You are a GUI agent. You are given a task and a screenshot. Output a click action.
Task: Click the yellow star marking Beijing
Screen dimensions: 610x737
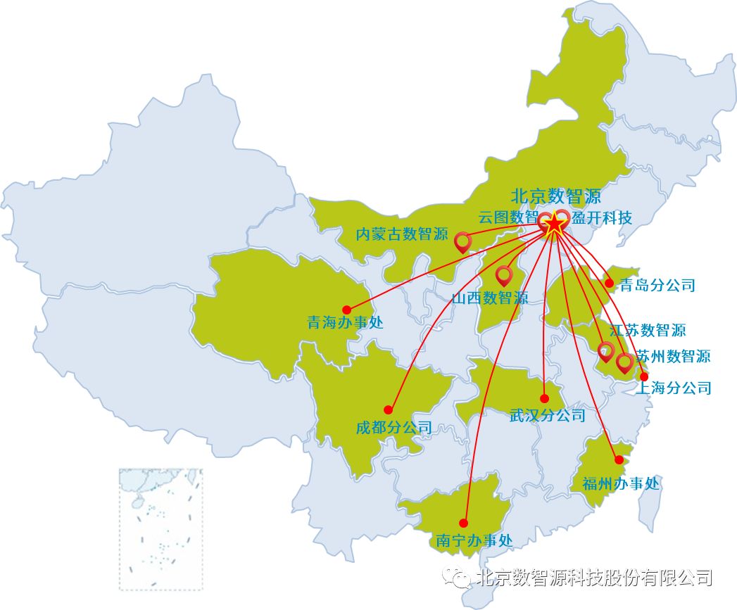click(x=555, y=224)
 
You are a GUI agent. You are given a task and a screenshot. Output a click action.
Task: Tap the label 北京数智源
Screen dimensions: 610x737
click(x=555, y=196)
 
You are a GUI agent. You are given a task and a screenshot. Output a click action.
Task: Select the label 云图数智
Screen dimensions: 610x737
click(x=508, y=217)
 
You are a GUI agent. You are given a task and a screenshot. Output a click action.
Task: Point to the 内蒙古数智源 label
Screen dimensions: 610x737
click(x=402, y=234)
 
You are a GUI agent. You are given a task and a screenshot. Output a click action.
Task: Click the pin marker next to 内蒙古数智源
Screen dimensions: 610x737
click(x=462, y=241)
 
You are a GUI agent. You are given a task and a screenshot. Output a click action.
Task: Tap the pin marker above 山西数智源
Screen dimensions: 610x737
click(x=503, y=275)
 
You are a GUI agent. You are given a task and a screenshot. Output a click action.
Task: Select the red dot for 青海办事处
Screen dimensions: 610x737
click(x=346, y=310)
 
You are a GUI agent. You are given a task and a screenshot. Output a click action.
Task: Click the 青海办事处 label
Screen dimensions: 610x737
click(x=345, y=323)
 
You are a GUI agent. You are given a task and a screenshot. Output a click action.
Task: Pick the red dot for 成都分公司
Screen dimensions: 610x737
click(x=388, y=409)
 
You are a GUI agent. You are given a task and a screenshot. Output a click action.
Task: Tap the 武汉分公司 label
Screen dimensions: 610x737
click(x=547, y=415)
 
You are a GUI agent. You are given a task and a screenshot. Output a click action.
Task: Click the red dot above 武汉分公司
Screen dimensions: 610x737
click(x=544, y=398)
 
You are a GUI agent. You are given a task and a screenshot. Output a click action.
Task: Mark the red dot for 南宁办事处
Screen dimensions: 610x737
click(x=463, y=523)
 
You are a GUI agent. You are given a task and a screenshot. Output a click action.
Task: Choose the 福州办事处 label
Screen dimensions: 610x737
click(x=621, y=483)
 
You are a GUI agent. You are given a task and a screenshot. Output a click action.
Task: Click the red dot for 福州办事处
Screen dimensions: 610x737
click(x=619, y=460)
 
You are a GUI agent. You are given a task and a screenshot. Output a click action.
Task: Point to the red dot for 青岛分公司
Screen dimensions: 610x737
click(x=609, y=284)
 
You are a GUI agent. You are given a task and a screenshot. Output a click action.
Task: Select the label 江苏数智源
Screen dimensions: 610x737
click(x=648, y=329)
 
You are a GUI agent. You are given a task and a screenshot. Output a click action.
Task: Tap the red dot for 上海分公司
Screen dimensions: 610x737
click(x=643, y=376)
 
